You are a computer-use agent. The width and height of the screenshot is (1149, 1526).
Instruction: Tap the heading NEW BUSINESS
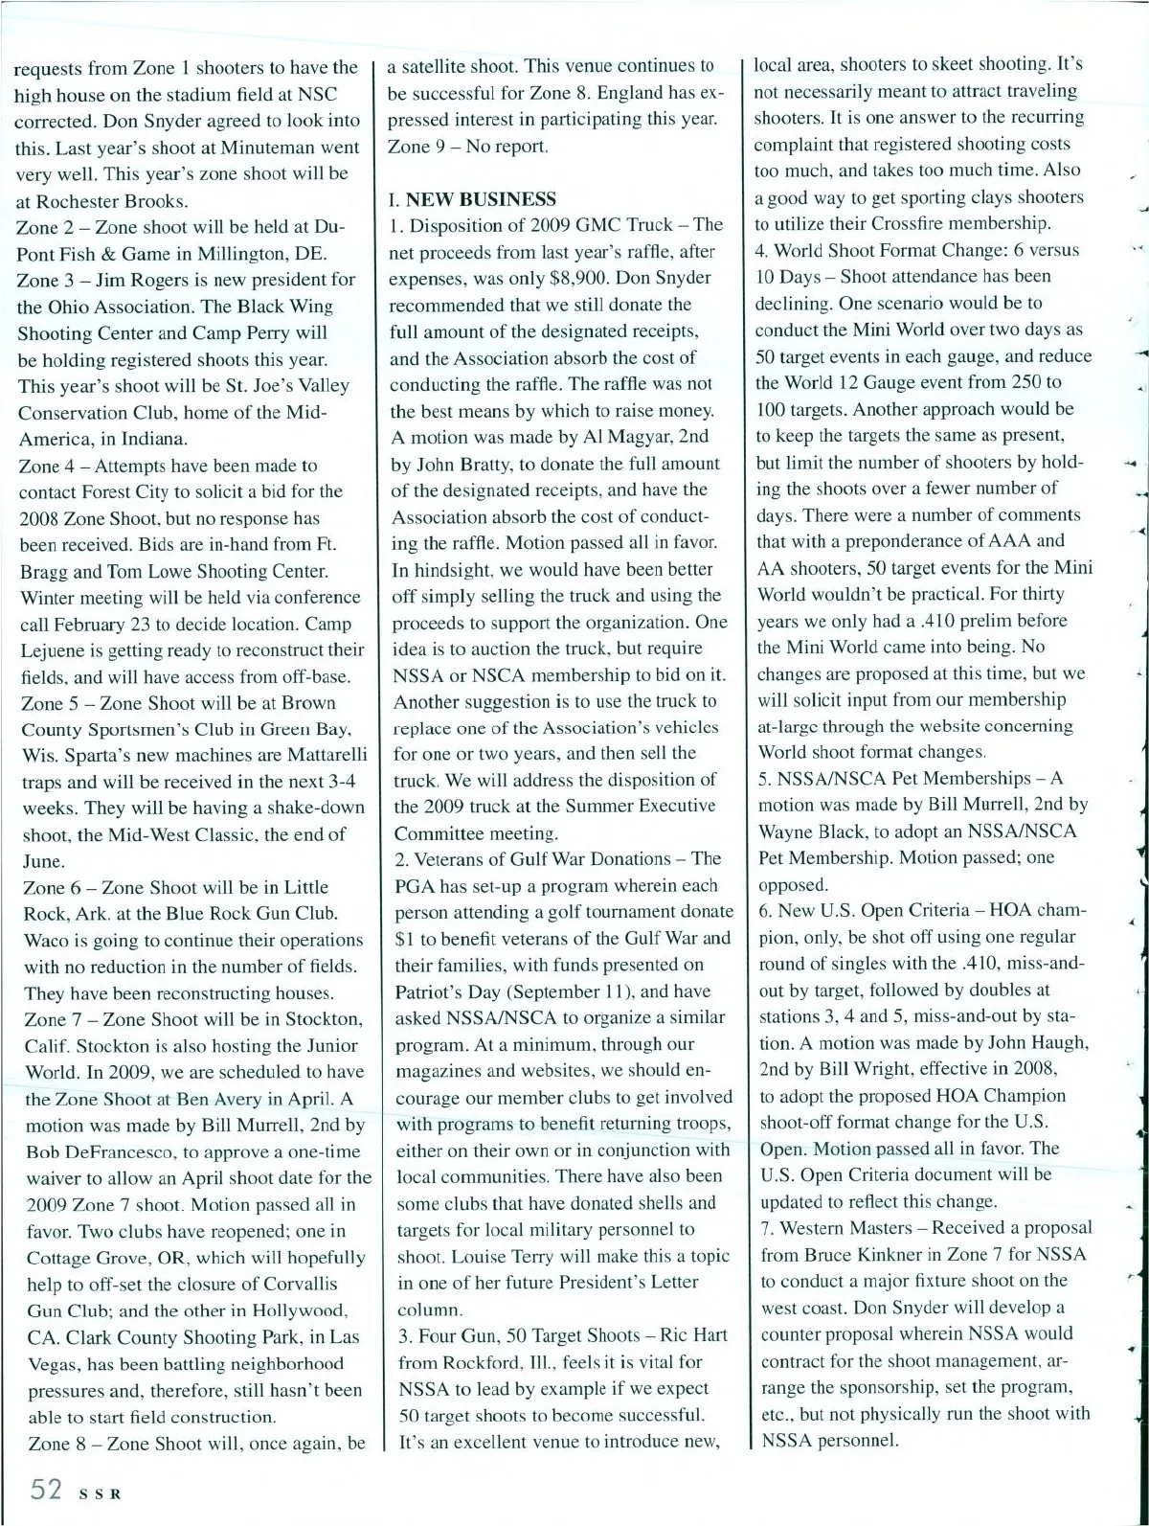(481, 199)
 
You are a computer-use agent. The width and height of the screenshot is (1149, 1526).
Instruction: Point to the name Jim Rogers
(125, 280)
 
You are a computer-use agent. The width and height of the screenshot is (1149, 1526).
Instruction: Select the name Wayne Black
(813, 831)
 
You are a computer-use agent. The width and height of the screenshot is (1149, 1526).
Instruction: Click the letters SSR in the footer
(96, 1492)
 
